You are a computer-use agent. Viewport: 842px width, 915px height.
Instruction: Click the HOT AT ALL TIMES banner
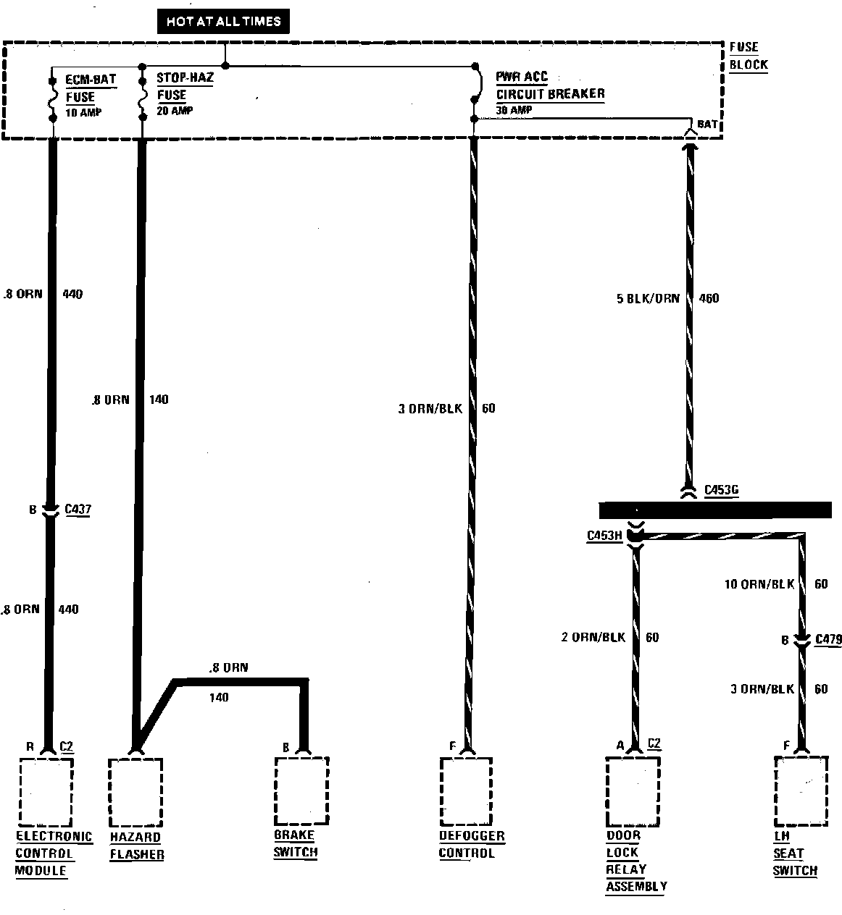click(x=223, y=22)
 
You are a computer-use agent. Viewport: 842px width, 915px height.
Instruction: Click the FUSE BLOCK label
click(x=747, y=56)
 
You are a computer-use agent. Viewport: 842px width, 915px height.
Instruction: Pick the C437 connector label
click(x=78, y=510)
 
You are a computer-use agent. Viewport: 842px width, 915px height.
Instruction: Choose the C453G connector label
click(x=721, y=491)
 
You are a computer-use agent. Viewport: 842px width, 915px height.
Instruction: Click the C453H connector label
click(x=604, y=536)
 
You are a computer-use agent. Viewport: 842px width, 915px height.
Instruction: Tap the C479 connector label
click(x=828, y=639)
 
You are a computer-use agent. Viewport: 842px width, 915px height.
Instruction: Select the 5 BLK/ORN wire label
click(x=648, y=298)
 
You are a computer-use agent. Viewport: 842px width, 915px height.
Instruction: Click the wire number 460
click(x=708, y=298)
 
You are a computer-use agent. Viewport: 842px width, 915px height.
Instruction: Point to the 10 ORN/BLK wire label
click(x=759, y=584)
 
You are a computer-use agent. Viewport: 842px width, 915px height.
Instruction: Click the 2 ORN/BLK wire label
click(x=593, y=638)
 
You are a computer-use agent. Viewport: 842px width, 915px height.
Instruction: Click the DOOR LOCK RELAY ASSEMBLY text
click(x=635, y=861)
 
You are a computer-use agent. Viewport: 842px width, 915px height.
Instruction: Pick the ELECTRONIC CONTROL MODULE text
click(x=54, y=853)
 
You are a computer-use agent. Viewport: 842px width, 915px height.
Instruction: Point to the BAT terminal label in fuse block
click(x=706, y=125)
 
